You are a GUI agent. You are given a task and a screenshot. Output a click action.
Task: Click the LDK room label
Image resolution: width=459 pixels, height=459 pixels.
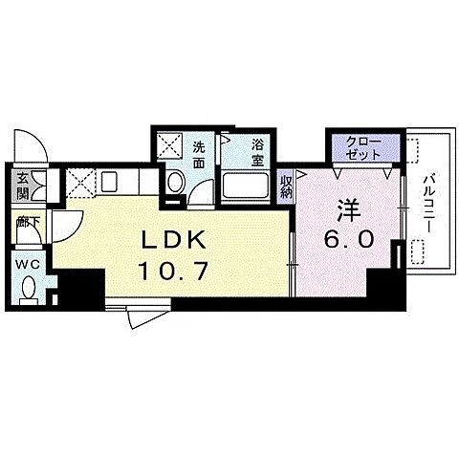[x=174, y=241]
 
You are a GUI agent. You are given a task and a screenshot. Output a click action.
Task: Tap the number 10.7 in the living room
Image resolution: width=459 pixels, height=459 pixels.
[x=174, y=270]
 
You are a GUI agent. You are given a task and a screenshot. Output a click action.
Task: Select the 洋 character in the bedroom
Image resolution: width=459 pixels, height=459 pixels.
[x=349, y=210]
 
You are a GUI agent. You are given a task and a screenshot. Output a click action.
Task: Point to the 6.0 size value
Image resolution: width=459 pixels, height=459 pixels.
[x=349, y=239]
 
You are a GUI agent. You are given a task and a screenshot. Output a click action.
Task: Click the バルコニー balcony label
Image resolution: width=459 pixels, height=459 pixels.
[x=429, y=203]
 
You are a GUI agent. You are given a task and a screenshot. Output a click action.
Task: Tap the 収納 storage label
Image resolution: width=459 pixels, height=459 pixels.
[x=286, y=187]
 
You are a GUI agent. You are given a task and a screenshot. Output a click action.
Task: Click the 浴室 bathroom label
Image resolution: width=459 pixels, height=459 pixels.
[x=257, y=153]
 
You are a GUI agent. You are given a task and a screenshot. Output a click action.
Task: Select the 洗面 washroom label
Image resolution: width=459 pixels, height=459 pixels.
[x=199, y=156]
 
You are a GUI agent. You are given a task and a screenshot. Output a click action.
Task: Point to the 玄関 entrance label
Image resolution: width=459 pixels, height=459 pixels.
[x=23, y=186]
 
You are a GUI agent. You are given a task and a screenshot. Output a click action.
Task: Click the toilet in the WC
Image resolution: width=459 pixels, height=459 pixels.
[x=29, y=290]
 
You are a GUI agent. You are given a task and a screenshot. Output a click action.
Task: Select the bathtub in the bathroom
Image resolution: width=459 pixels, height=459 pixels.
[x=245, y=186]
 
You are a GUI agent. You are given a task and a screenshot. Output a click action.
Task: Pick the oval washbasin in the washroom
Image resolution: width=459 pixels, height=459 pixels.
[x=176, y=182]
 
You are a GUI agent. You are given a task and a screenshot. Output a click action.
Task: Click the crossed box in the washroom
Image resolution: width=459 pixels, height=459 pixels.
[x=170, y=145]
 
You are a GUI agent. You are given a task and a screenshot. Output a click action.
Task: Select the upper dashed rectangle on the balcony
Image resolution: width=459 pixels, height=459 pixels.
[x=413, y=151]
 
